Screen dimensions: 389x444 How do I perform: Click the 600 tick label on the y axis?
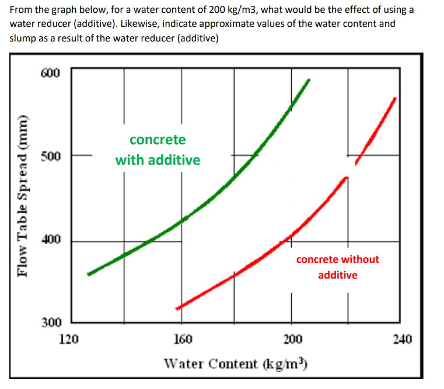point(51,73)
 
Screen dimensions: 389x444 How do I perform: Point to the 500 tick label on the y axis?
point(51,156)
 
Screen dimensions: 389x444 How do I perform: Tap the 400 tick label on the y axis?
point(51,241)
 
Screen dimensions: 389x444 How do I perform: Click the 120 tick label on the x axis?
point(70,339)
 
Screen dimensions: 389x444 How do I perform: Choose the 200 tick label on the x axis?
point(293,339)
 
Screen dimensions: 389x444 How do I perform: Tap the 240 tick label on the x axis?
point(403,339)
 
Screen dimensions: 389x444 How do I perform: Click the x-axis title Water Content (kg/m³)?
point(236,364)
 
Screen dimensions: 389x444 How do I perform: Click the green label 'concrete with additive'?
point(158,150)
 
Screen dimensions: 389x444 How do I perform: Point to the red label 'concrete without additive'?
point(337,266)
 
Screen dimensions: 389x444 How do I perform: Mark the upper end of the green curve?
point(309,80)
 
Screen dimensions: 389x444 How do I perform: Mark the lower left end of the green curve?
point(88,274)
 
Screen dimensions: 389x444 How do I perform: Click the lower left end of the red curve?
point(177,308)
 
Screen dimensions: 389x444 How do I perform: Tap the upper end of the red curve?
point(396,98)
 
